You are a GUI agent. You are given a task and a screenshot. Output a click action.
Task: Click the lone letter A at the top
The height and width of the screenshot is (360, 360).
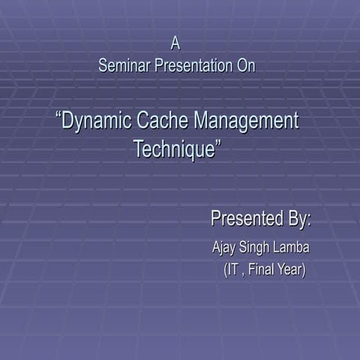pos(175,43)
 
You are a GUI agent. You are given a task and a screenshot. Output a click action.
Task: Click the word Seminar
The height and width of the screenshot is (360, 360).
pos(124,66)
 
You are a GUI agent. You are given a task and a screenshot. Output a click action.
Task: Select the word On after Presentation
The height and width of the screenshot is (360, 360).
pos(245,66)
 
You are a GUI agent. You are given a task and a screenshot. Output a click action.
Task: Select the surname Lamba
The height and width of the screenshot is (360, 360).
pos(293,247)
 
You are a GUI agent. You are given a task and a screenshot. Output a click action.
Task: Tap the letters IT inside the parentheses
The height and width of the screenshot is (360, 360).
pos(234,269)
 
